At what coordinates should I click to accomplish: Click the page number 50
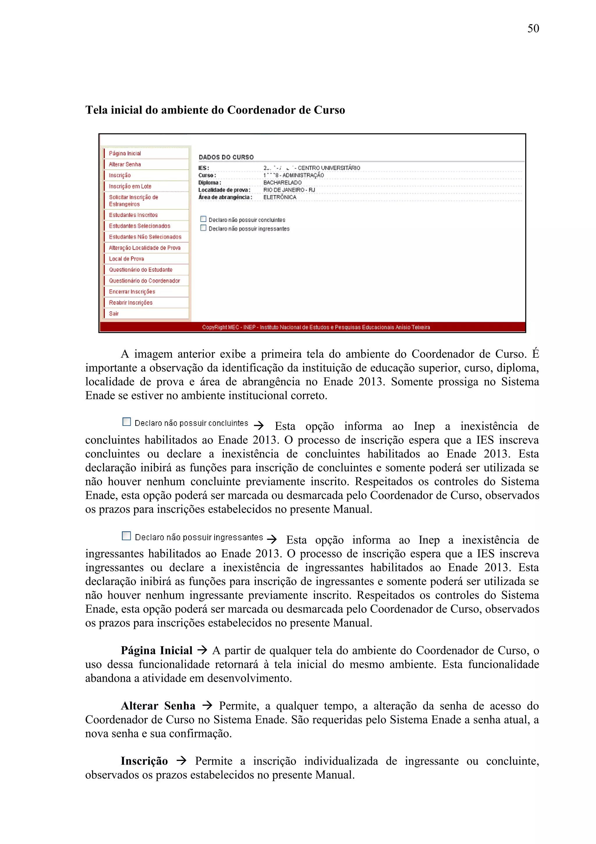(x=533, y=29)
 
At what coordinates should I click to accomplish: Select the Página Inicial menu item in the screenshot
(x=125, y=153)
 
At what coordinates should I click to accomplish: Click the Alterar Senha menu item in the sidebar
(x=125, y=164)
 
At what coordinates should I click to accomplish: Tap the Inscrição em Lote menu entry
(x=130, y=186)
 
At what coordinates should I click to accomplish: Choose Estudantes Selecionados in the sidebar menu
(x=140, y=226)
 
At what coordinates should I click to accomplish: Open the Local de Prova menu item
(x=126, y=259)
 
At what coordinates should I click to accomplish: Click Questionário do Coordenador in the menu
(x=144, y=281)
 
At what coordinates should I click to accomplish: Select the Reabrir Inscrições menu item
(x=131, y=302)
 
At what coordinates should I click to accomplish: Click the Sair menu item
(x=114, y=313)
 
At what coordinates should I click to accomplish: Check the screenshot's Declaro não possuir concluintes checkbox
(x=203, y=219)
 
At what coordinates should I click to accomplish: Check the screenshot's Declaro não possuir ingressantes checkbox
(x=203, y=228)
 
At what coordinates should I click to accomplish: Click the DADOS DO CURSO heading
(x=226, y=157)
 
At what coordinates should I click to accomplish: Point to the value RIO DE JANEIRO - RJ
(x=289, y=190)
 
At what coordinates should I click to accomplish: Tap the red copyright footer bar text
(x=316, y=327)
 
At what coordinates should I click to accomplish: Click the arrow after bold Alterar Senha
(x=207, y=705)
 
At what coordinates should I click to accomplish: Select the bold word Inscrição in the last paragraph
(x=144, y=761)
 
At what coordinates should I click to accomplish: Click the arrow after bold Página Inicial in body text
(x=202, y=650)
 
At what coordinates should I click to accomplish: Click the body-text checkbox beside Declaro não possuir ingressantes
(x=126, y=536)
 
